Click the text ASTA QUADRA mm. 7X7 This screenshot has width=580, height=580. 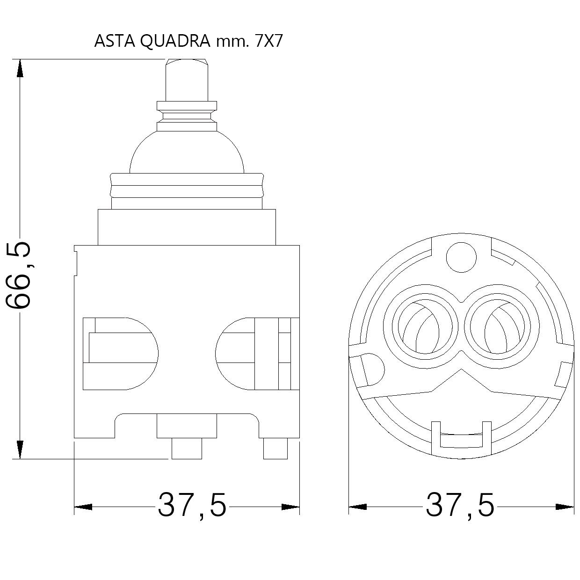pos(188,41)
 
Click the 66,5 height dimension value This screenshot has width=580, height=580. pos(19,275)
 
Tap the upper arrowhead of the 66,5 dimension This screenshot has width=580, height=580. pos(20,69)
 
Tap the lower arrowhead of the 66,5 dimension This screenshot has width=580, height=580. pos(20,449)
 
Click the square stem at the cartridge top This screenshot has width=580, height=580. pos(187,80)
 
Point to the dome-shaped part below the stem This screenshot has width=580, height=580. pos(187,152)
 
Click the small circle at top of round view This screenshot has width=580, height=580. pos(461,257)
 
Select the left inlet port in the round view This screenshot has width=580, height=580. pos(425,326)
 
